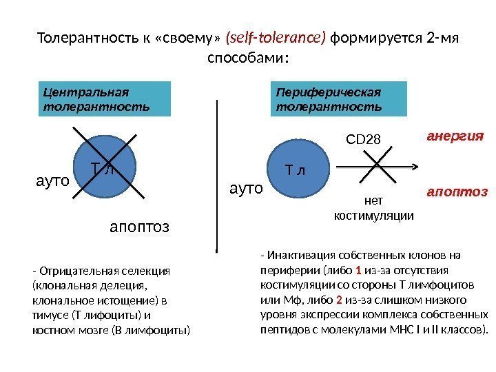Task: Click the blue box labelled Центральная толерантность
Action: (x=104, y=99)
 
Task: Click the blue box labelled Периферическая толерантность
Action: (x=341, y=99)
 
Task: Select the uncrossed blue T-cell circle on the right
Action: (x=297, y=169)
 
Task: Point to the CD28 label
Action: (x=362, y=141)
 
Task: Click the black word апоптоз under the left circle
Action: (x=140, y=226)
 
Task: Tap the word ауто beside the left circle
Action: (x=52, y=182)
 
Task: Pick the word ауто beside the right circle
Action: (x=247, y=187)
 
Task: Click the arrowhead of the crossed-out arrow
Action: (x=413, y=166)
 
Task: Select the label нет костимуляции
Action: (x=373, y=208)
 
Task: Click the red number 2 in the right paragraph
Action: (x=340, y=300)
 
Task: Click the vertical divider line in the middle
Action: (x=218, y=172)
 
